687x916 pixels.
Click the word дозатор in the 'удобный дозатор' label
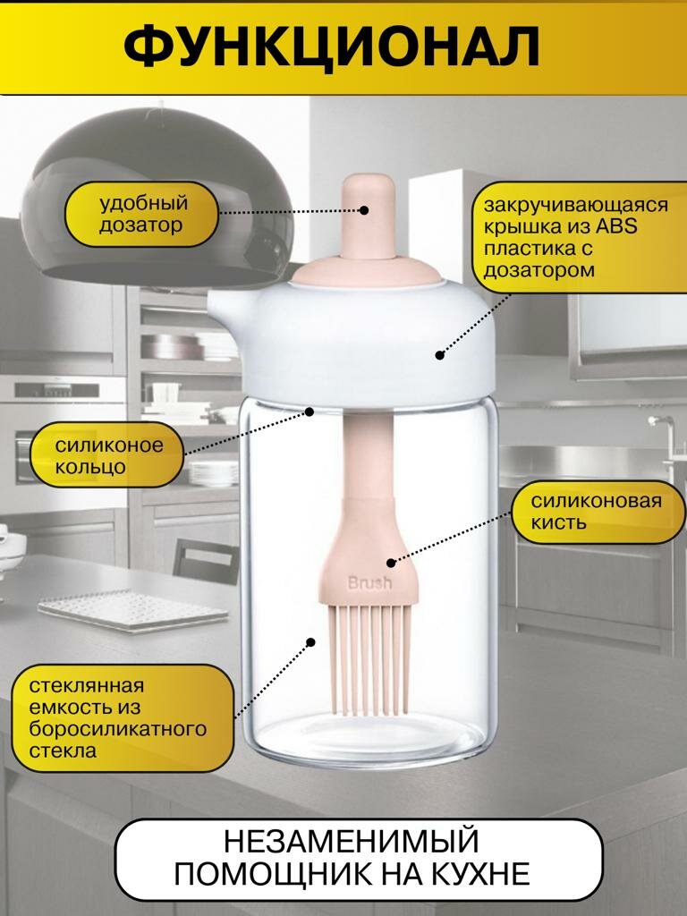click(x=141, y=225)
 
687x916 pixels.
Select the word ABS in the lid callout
click(x=618, y=226)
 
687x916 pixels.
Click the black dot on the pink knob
click(x=365, y=210)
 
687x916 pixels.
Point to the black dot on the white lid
click(x=439, y=355)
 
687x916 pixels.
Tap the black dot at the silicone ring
click(x=310, y=411)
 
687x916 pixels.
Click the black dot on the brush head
click(x=391, y=563)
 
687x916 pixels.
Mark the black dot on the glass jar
click(x=311, y=641)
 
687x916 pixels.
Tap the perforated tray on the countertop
click(x=134, y=613)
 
